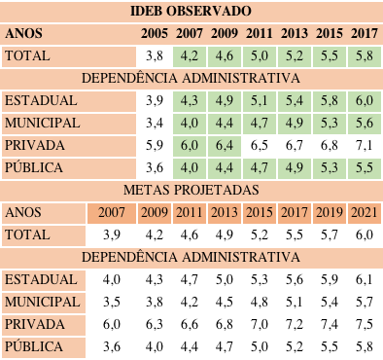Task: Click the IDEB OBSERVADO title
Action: click(x=191, y=12)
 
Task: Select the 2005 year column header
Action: click(x=155, y=33)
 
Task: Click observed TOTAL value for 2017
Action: click(x=364, y=55)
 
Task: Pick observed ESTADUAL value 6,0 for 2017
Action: click(x=364, y=100)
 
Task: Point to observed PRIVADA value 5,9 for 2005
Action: click(x=155, y=145)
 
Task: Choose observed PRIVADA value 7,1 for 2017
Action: click(x=364, y=145)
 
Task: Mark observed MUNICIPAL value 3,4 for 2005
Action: click(x=155, y=123)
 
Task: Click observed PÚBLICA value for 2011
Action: click(x=260, y=167)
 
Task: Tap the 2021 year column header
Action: click(x=364, y=212)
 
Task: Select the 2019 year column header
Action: click(x=330, y=212)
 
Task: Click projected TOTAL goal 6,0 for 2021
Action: click(x=364, y=234)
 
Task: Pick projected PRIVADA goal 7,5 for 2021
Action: click(x=364, y=323)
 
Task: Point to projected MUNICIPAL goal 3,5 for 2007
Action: click(x=112, y=301)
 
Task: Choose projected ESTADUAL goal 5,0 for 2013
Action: click(x=225, y=279)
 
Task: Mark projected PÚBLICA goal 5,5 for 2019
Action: click(x=330, y=345)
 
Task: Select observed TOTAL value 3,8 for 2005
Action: click(x=155, y=55)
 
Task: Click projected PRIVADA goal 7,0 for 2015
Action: click(x=260, y=323)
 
